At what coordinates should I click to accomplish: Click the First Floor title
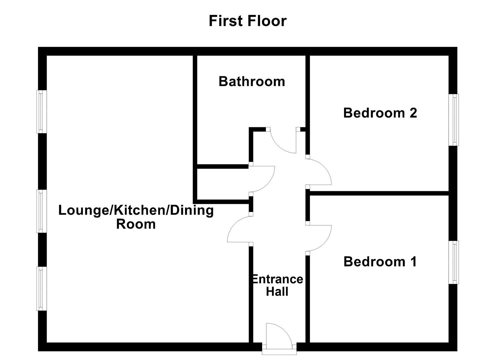tap(247, 21)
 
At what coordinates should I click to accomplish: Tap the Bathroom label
tap(252, 82)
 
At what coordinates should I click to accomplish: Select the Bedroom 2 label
tap(380, 113)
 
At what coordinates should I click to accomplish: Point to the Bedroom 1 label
tap(380, 262)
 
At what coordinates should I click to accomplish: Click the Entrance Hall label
tap(277, 285)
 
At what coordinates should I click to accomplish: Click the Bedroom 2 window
tap(453, 120)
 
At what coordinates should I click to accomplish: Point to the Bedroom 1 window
tap(453, 262)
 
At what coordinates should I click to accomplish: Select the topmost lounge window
tap(42, 112)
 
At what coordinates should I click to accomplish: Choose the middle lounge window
tap(42, 211)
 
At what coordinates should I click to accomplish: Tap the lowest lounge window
tap(42, 288)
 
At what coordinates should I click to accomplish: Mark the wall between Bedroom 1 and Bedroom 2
tap(378, 193)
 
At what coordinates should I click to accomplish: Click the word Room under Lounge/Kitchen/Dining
tap(136, 224)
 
